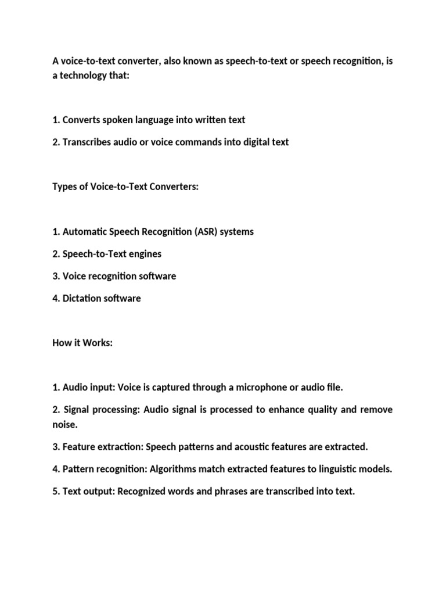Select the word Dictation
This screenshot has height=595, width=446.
[x=82, y=299]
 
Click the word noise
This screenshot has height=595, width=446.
[x=64, y=425]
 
